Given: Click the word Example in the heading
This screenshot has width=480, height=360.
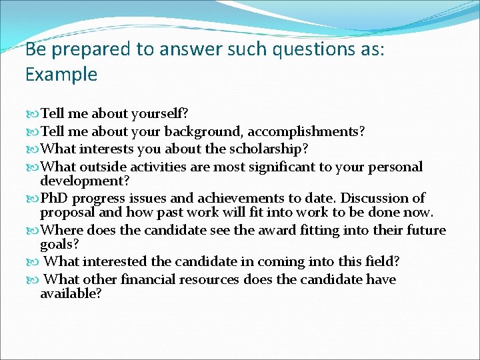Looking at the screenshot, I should point(61,74).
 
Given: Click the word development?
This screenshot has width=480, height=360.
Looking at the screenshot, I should point(85,181).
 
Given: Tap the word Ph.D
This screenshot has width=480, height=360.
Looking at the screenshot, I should point(55,198).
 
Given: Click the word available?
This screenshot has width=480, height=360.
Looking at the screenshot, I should point(71,294).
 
